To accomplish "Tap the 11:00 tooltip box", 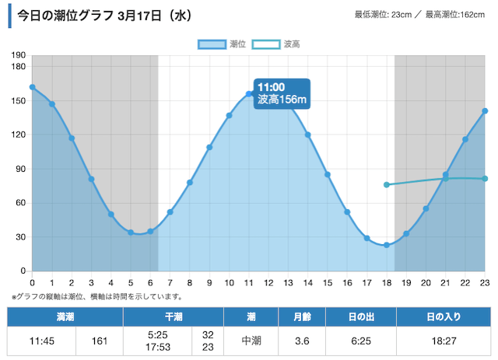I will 282,93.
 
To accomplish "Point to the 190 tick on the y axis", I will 19,55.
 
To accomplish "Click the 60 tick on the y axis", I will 19,203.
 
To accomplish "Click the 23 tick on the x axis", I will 484,282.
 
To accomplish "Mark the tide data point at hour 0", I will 32,87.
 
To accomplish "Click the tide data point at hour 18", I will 386,245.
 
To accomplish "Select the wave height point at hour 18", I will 386,184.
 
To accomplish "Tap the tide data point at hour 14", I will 307,135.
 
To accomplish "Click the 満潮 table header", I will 65,317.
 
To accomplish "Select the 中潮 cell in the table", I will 251,340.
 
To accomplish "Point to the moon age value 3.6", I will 302,340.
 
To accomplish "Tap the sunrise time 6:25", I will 360,340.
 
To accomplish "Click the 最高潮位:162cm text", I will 454,14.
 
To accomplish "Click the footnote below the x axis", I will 97,296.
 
